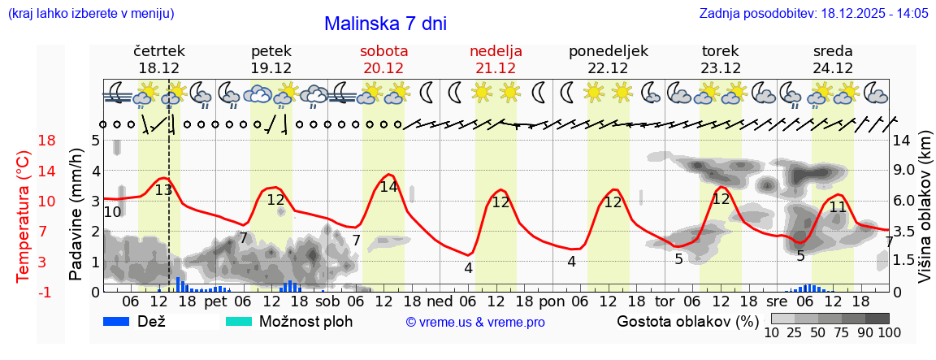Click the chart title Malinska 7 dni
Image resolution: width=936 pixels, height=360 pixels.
click(x=385, y=24)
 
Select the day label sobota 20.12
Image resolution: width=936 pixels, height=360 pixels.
click(x=383, y=59)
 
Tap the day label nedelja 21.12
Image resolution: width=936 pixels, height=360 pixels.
click(x=496, y=59)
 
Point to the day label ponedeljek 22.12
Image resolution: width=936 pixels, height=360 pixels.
click(x=609, y=59)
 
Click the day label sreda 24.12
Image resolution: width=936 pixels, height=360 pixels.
click(x=833, y=59)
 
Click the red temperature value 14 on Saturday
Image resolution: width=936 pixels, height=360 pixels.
click(x=389, y=186)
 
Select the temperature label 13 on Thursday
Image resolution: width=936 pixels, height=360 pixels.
click(x=163, y=190)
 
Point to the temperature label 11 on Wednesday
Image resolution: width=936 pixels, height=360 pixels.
click(x=838, y=206)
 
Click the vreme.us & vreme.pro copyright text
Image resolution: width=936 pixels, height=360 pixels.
click(x=475, y=322)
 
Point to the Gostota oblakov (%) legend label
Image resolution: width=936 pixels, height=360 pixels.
click(x=687, y=321)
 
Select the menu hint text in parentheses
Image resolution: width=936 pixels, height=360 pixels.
click(x=90, y=13)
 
